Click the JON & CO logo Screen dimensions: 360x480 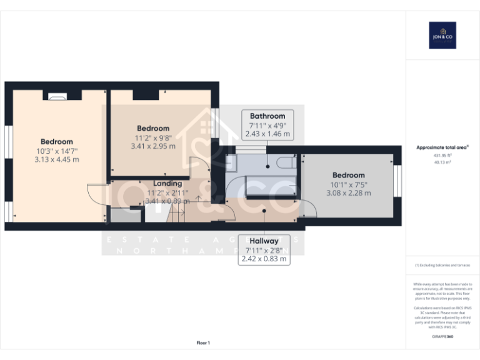pos(442,35)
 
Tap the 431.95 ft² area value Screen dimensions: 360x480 pos(442,155)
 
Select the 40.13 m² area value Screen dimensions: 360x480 pos(442,161)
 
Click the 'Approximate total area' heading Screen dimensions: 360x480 pos(442,147)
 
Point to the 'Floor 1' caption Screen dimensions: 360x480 pos(203,342)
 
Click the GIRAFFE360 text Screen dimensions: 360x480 pos(442,337)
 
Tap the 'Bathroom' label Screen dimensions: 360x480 pos(267,116)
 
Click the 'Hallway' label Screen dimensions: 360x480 pos(264,241)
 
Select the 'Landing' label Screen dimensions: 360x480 pos(167,183)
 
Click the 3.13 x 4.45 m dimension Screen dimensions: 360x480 pos(57,159)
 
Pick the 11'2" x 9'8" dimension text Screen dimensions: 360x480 pos(153,137)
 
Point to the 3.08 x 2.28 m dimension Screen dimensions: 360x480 pos(348,193)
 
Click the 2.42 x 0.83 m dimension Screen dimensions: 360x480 pos(264,258)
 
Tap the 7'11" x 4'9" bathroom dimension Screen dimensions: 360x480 pos(267,125)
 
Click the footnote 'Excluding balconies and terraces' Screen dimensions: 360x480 pos(442,265)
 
